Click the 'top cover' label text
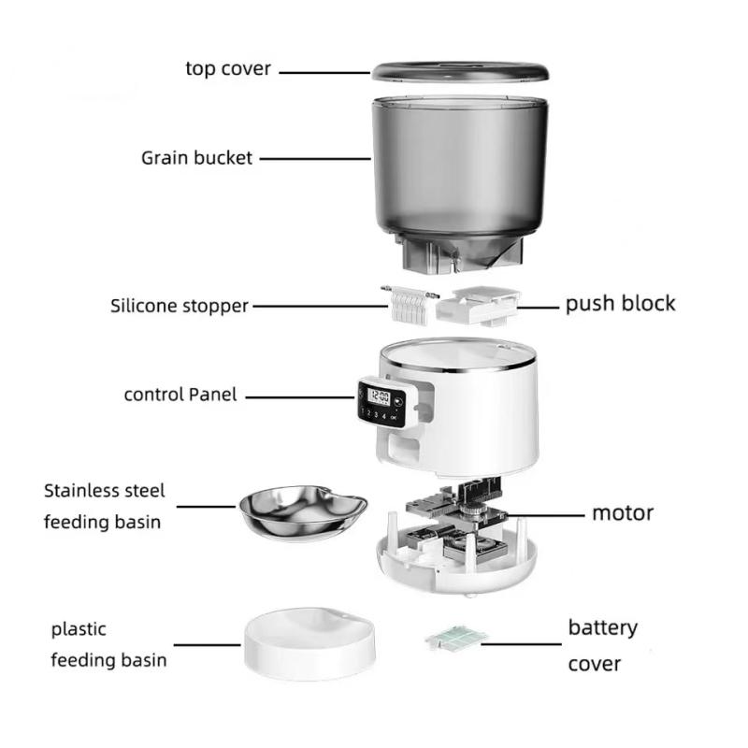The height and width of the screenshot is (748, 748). (228, 68)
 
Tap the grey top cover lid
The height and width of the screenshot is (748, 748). (460, 72)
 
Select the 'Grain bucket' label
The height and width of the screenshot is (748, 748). (196, 158)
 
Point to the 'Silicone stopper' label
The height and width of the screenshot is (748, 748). (180, 305)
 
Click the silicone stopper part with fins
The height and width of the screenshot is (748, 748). (408, 303)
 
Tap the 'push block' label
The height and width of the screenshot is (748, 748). (619, 304)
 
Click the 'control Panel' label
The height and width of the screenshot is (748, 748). (180, 395)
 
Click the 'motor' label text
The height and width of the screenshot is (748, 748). (622, 512)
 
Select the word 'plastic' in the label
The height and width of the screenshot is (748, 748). (79, 629)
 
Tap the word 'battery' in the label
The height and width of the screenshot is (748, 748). (602, 627)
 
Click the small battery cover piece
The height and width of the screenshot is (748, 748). (456, 637)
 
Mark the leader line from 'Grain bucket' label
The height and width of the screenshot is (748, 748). (314, 158)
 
